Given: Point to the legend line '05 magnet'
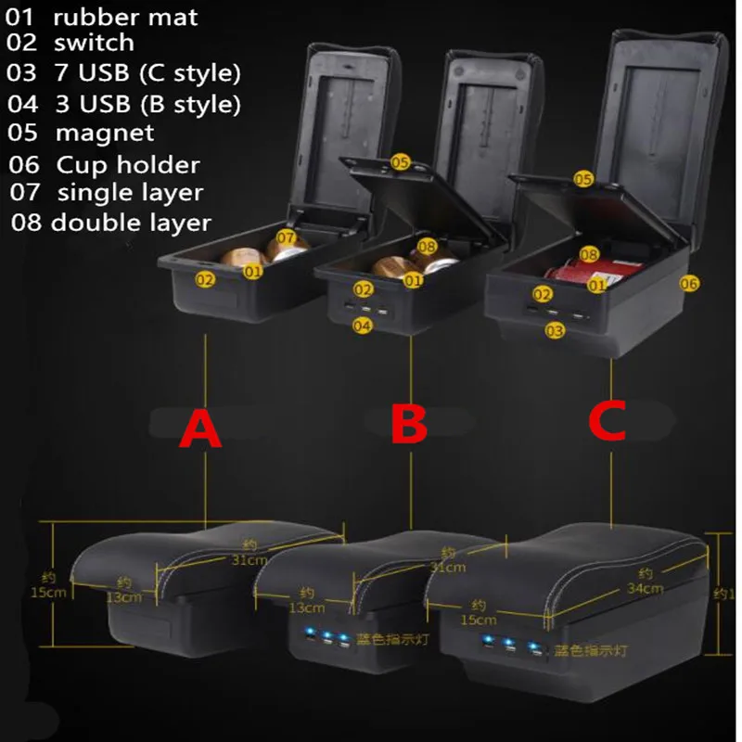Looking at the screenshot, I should point(81,133).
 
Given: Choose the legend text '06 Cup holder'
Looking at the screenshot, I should point(105,165).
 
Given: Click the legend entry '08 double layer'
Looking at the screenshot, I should point(110,223).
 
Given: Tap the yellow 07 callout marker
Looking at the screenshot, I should point(285,239).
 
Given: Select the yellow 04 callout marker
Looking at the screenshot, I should point(363,326).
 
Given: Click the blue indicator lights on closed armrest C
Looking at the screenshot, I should point(507,647).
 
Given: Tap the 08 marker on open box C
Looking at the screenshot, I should point(589,253).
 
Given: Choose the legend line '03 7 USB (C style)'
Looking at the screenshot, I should point(123,72).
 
